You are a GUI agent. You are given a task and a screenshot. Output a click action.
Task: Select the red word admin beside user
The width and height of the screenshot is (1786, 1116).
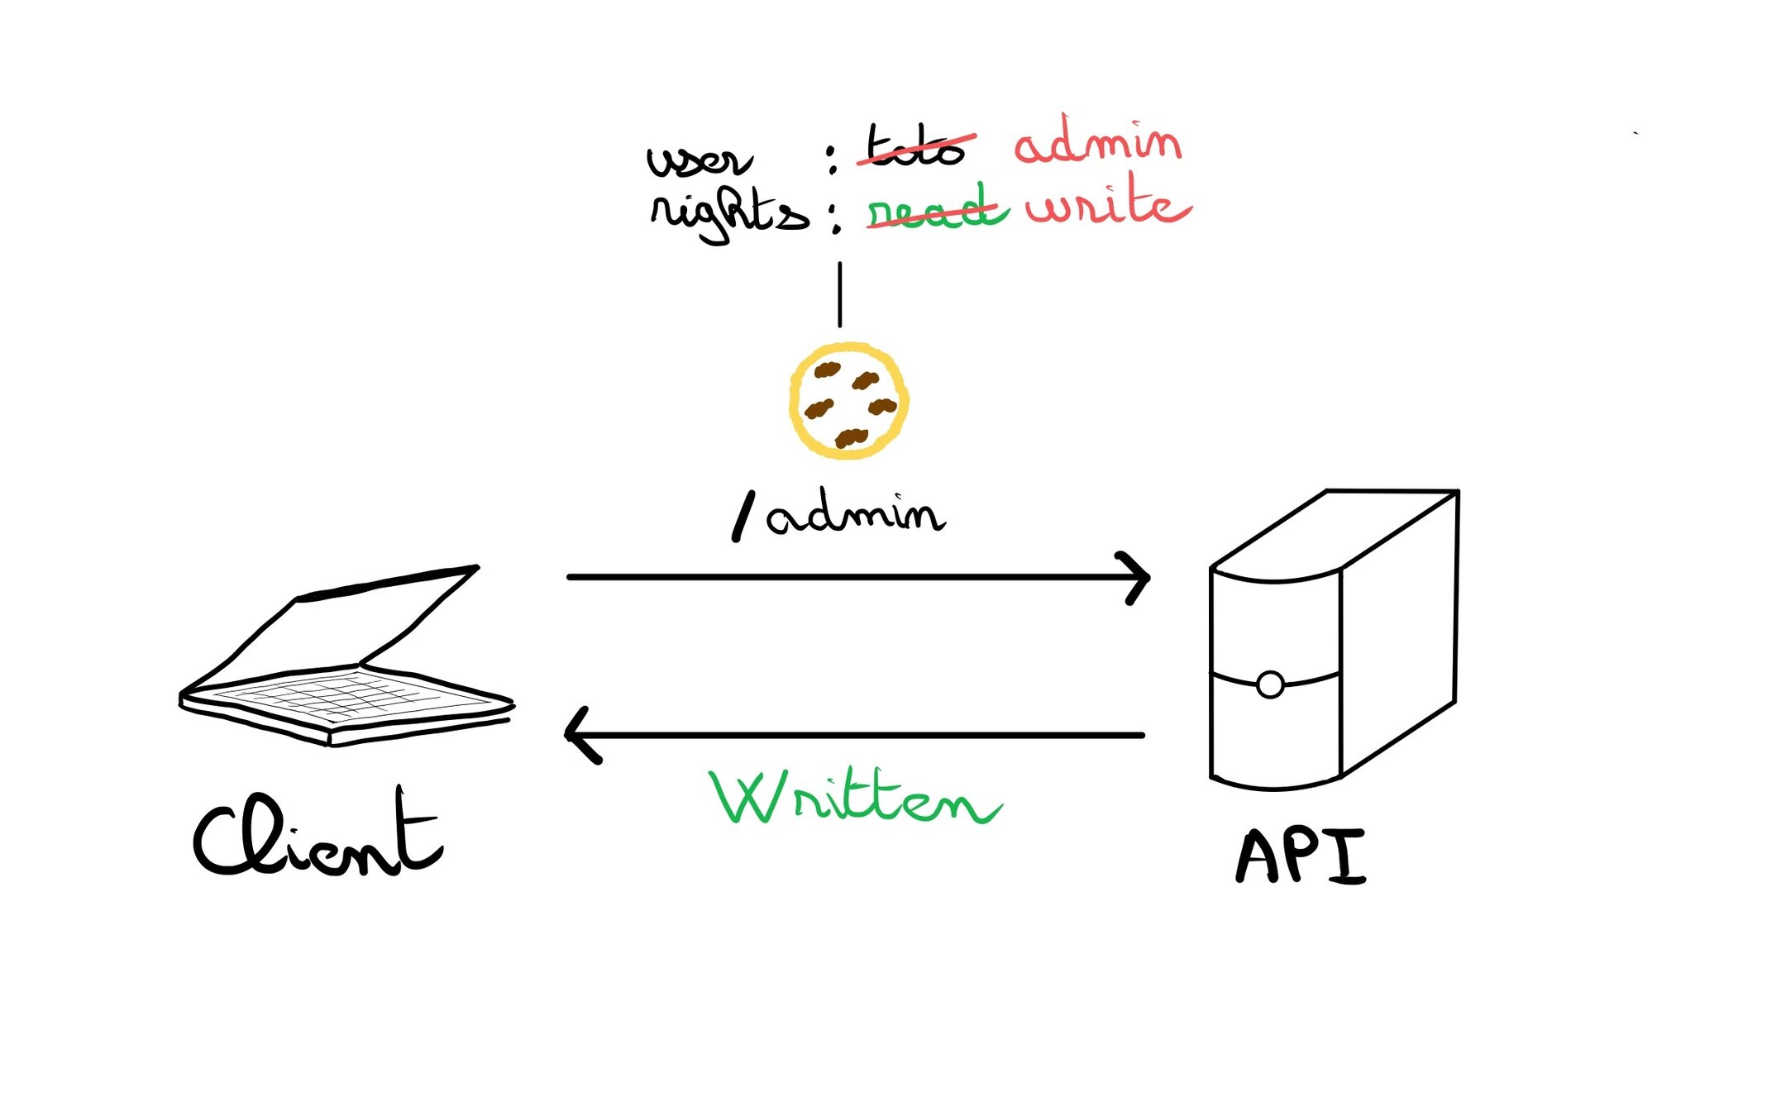click(x=1098, y=144)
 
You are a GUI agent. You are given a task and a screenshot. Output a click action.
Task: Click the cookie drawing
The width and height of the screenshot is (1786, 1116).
click(x=848, y=402)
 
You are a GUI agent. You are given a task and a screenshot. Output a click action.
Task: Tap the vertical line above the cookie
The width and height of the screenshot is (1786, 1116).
click(x=840, y=294)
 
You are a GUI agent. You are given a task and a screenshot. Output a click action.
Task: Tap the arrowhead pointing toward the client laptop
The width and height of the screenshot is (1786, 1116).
click(x=579, y=734)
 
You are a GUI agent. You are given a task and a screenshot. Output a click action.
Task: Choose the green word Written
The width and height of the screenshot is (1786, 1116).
click(x=856, y=799)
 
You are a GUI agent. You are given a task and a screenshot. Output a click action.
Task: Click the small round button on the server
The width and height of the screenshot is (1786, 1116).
click(x=1270, y=684)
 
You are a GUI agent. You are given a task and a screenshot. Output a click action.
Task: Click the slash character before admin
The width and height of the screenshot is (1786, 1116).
click(x=743, y=517)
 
